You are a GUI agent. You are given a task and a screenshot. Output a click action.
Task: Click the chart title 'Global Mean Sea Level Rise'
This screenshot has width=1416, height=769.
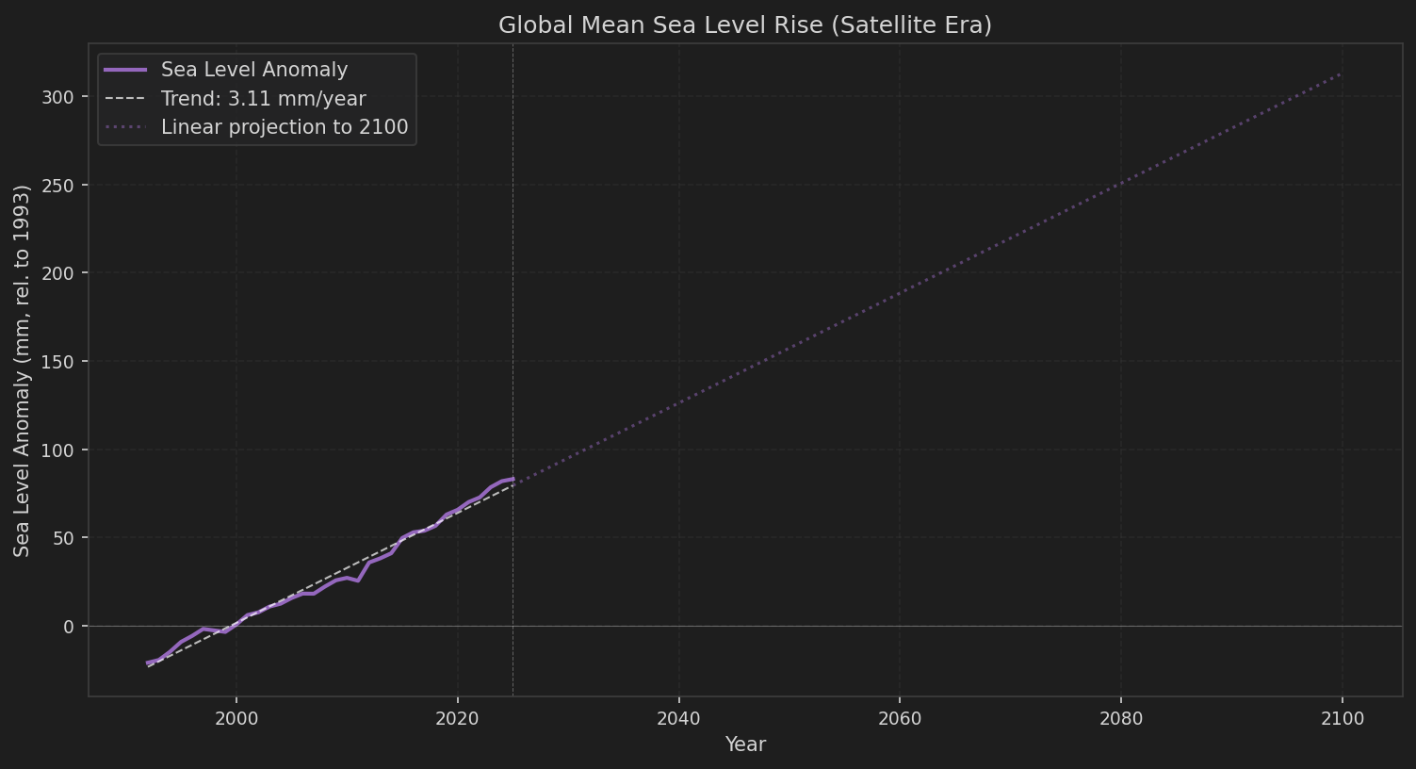[744, 25]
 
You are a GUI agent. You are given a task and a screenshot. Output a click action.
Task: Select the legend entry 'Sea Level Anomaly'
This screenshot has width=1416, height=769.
[253, 70]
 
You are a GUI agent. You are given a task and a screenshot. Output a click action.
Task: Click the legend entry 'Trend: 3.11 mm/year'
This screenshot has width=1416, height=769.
[263, 99]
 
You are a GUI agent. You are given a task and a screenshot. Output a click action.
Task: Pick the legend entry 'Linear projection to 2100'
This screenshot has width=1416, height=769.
[284, 127]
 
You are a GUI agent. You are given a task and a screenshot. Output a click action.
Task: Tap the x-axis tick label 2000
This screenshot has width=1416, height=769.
[236, 719]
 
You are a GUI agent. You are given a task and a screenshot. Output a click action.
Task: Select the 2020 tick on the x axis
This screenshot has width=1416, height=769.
[458, 719]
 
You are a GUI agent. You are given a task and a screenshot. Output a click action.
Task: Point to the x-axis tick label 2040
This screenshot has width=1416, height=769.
[678, 719]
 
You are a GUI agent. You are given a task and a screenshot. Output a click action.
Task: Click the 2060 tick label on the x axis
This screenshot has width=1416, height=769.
[900, 719]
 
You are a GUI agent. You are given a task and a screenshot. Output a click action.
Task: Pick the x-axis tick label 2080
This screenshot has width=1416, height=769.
[1121, 719]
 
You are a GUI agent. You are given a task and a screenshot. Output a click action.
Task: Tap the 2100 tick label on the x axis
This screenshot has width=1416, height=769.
[1343, 719]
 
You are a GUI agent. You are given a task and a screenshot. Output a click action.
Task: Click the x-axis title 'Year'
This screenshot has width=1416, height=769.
[745, 744]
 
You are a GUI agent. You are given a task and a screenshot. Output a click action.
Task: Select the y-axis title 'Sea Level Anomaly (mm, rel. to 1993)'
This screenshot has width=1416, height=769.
[23, 370]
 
